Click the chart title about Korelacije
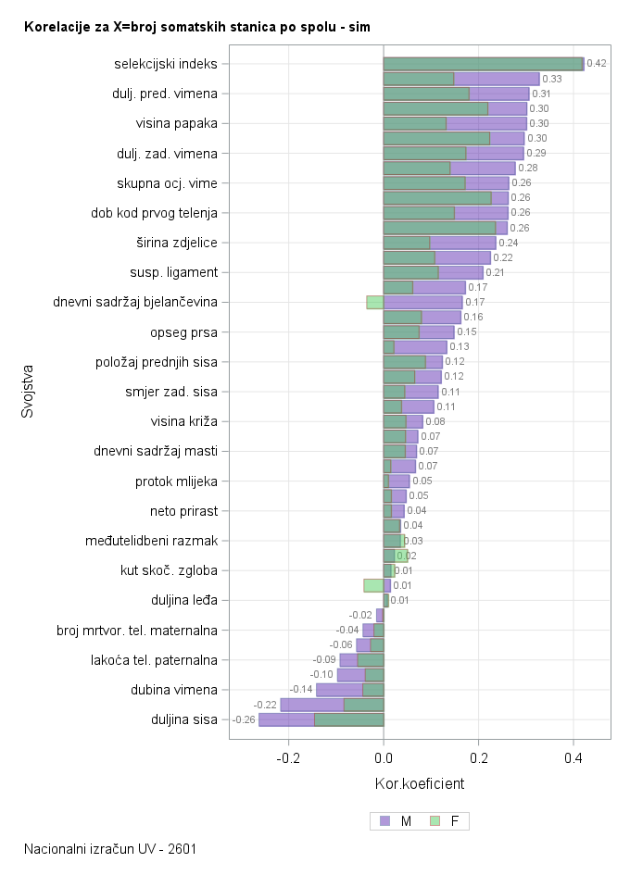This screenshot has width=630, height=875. (196, 28)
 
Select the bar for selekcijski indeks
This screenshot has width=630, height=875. (482, 64)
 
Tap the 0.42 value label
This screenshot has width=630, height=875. (597, 64)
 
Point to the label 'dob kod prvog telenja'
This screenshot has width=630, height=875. (154, 213)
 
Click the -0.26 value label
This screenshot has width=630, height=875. (244, 719)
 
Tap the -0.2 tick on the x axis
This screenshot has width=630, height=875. (288, 757)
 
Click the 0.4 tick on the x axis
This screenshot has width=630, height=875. (573, 757)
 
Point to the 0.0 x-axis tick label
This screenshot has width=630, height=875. (384, 757)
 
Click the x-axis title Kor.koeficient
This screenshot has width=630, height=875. (419, 784)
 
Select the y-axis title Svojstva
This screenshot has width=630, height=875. (28, 393)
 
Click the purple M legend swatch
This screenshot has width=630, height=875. (385, 820)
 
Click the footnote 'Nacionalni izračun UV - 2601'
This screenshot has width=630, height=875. (110, 849)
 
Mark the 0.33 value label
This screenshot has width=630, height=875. (552, 79)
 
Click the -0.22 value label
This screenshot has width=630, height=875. (265, 705)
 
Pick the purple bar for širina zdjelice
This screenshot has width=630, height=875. (463, 243)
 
